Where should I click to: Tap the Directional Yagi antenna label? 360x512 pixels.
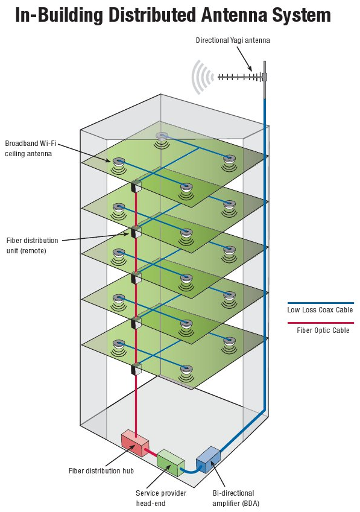pos(233,40)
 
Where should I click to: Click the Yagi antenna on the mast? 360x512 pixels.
pos(242,77)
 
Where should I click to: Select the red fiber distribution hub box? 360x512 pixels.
pos(135,443)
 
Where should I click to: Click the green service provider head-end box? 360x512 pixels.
pos(171,462)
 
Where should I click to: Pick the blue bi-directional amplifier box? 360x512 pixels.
pos(208,460)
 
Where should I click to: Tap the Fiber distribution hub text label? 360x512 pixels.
pos(101,470)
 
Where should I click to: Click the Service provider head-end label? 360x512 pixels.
pos(161,498)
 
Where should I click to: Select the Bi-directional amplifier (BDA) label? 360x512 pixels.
pos(236,498)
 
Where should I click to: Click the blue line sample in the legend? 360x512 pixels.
pos(321,303)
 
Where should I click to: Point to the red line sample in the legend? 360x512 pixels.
pos(321,323)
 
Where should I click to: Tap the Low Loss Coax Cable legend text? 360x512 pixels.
pos(320,310)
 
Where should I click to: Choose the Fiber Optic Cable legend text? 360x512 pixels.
pos(323,330)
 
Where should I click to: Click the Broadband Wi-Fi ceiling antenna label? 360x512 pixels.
pos(30,148)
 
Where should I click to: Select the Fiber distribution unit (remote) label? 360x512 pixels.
pos(32,245)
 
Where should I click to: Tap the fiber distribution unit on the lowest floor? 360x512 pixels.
pos(136,368)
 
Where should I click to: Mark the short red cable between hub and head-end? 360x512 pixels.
pos(151,452)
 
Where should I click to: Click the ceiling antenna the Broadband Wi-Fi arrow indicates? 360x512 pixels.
pos(118,162)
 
